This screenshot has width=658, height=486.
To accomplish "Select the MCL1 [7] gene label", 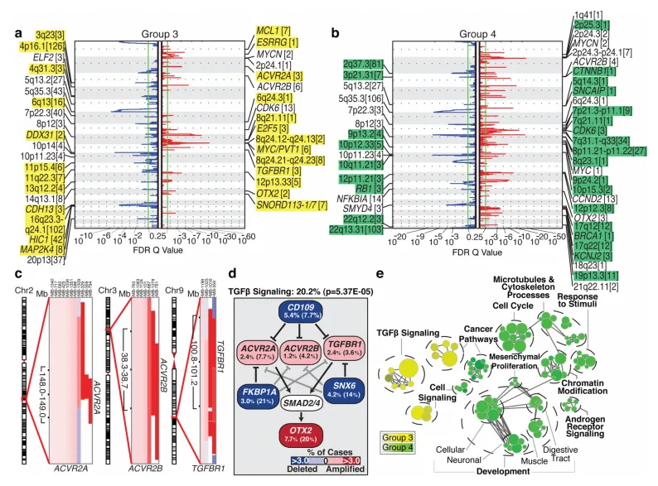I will coord(274,31).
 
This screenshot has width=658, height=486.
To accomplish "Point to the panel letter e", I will coord(380,273).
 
